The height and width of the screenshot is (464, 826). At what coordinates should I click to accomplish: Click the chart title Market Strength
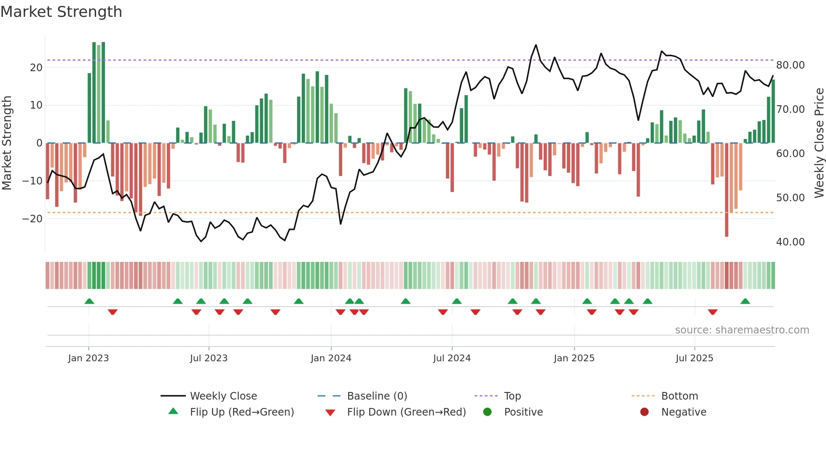(x=61, y=12)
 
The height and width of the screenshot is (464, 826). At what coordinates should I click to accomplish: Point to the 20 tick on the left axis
(x=36, y=67)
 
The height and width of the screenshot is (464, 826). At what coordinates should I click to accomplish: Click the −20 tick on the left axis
(x=32, y=219)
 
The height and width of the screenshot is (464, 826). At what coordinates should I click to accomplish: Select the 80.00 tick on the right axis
(x=790, y=65)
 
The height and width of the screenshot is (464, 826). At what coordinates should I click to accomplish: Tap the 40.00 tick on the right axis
(x=790, y=242)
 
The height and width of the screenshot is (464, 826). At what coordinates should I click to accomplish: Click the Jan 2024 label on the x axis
(x=331, y=358)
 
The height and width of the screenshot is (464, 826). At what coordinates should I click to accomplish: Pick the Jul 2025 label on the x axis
(x=694, y=358)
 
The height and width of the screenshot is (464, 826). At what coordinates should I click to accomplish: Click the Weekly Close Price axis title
(x=819, y=143)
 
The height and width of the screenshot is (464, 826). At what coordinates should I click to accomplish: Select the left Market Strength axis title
(x=7, y=143)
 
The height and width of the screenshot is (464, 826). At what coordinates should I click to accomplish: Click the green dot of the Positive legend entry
(x=487, y=412)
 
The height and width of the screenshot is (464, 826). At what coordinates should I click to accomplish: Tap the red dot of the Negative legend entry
(x=644, y=412)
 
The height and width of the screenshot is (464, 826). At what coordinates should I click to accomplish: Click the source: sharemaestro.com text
(x=742, y=330)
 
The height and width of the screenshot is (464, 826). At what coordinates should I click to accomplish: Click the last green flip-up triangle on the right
(x=745, y=301)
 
